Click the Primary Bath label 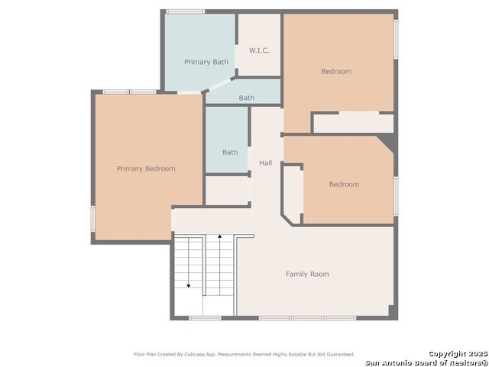point(206,62)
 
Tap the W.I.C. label point(259,50)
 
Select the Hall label point(266,163)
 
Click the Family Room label point(307,274)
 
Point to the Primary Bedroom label point(146,169)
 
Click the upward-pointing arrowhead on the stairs point(219,236)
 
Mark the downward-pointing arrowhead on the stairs point(189,285)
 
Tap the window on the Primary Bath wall point(185,11)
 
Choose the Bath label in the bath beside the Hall point(230,152)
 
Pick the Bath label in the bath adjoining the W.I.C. point(246,98)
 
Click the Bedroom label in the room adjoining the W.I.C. point(336,71)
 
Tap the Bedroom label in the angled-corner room point(344,184)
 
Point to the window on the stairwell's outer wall point(206,318)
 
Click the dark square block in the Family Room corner point(392,310)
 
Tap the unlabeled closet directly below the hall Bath point(227,190)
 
